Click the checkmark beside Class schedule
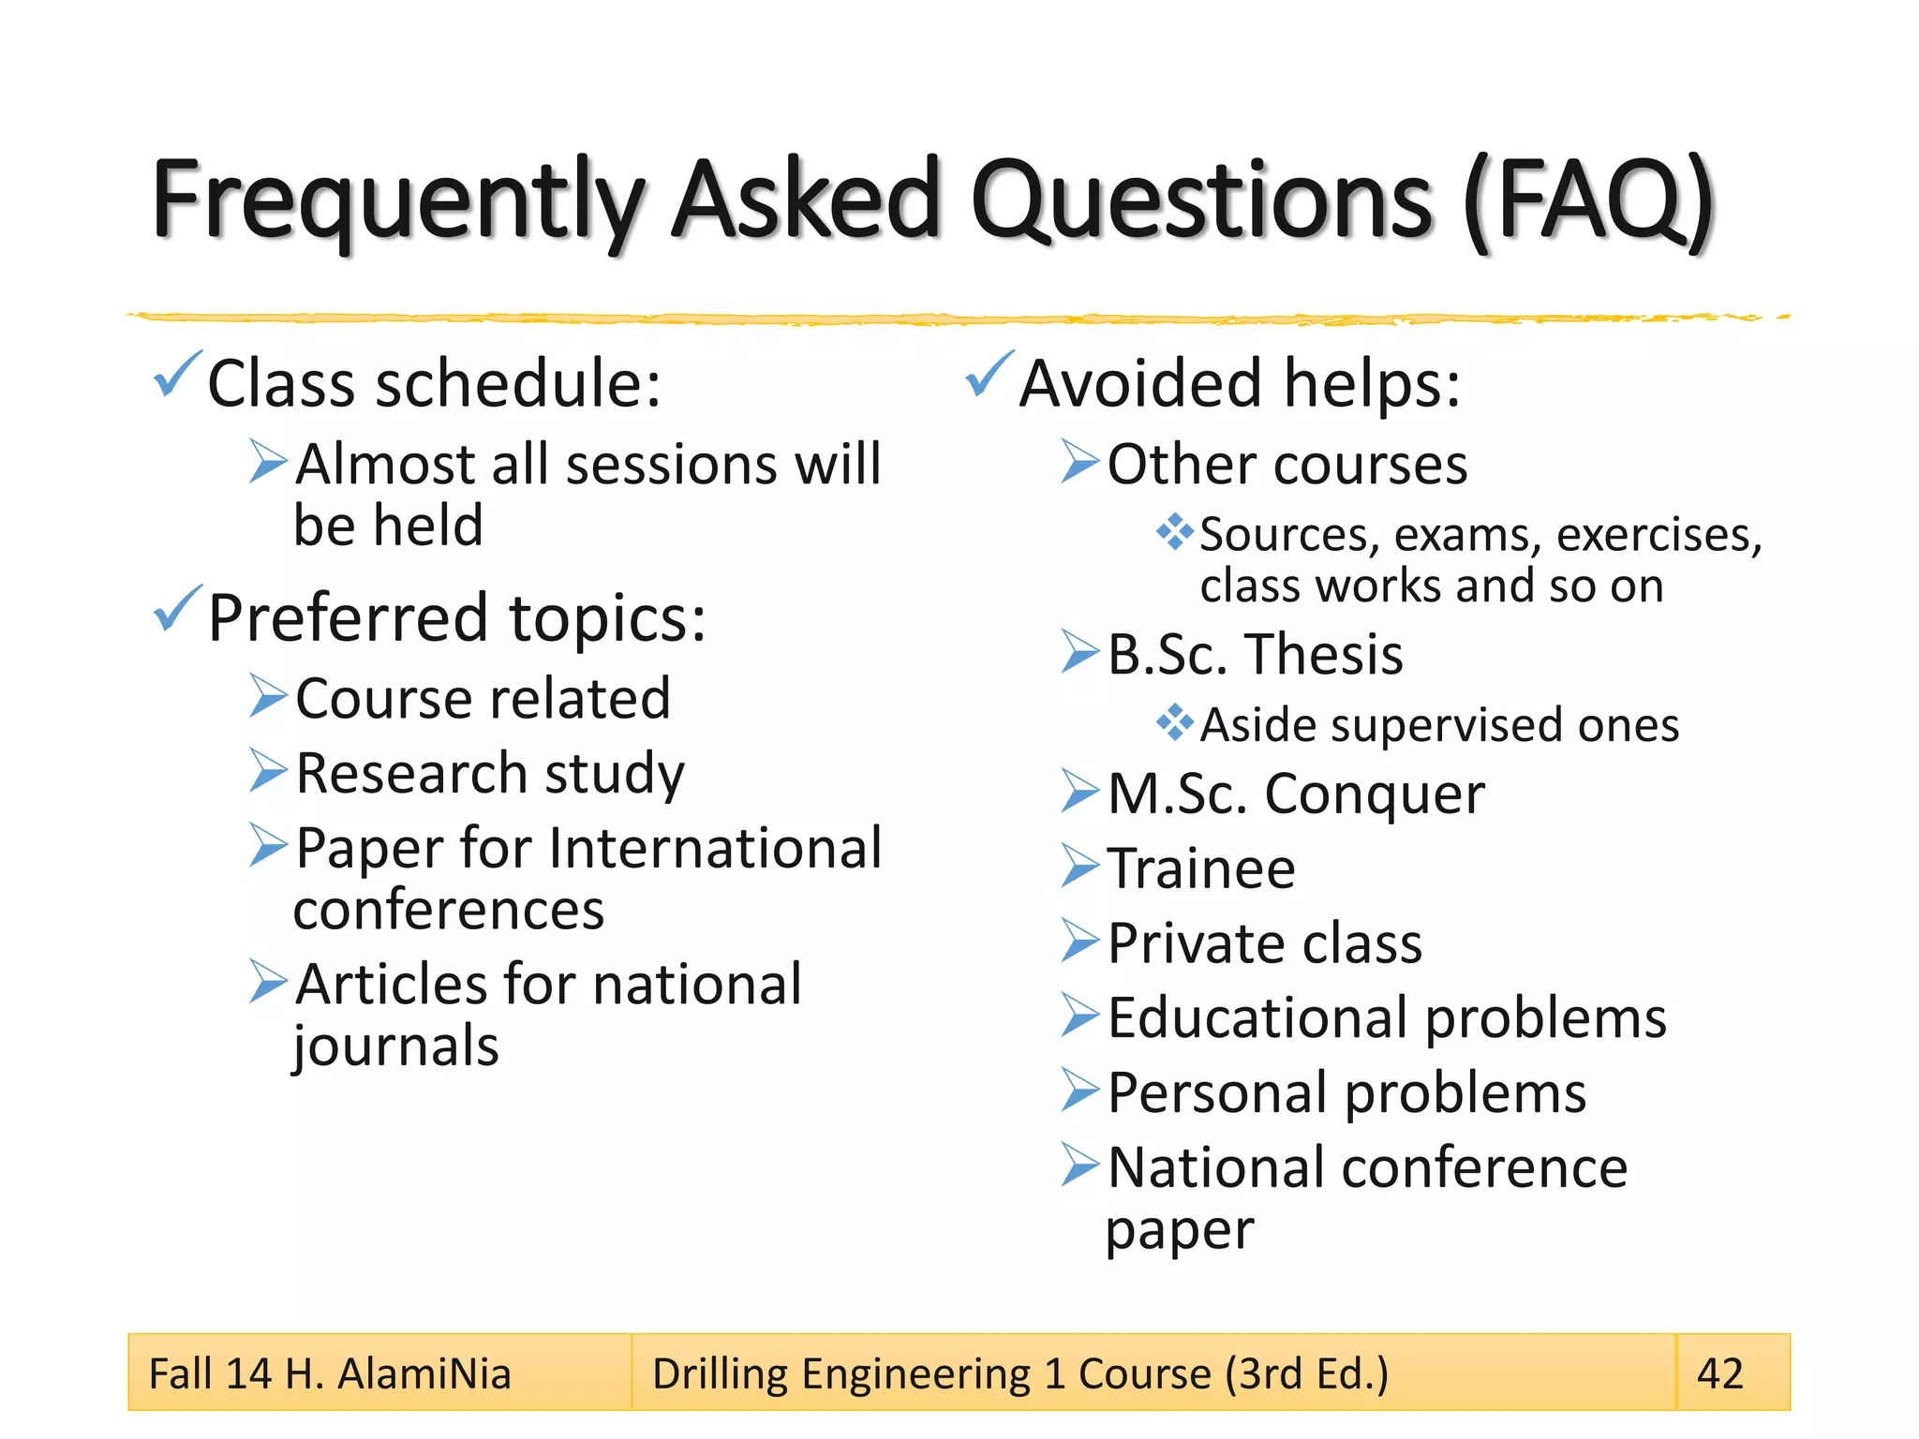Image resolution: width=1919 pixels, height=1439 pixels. (x=177, y=374)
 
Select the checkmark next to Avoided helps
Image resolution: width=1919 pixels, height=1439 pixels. (x=989, y=374)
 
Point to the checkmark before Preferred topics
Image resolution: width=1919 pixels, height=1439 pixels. (x=177, y=608)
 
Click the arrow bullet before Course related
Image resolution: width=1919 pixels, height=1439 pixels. (x=268, y=697)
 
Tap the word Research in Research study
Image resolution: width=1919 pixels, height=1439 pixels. (x=411, y=774)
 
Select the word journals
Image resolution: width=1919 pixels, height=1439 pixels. (x=395, y=1046)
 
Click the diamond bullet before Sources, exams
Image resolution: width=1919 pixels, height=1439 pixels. (x=1175, y=532)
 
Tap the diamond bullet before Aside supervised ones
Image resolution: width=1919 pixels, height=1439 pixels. (x=1175, y=722)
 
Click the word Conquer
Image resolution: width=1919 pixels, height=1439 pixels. (x=1374, y=794)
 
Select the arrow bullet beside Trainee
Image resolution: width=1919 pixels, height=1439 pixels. (x=1079, y=866)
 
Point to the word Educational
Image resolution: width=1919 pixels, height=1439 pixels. (x=1257, y=1017)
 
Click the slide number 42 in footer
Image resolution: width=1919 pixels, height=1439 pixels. (x=1719, y=1373)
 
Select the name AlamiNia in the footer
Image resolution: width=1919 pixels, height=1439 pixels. (x=424, y=1374)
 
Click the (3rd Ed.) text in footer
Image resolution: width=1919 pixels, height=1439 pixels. (x=1306, y=1374)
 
